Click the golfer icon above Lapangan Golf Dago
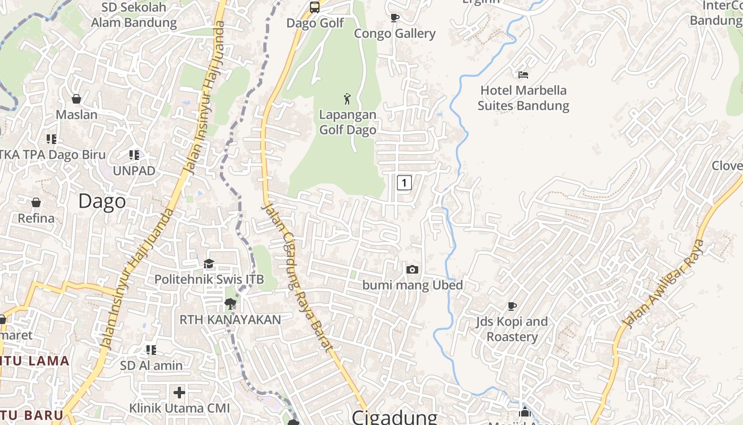[x=347, y=99]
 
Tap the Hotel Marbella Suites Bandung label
[x=523, y=98]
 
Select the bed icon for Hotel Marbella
[x=523, y=75]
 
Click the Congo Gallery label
[x=395, y=33]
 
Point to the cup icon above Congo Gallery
[x=395, y=18]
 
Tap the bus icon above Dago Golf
[x=315, y=7]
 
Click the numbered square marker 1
[x=404, y=183]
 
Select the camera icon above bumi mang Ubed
[x=412, y=270]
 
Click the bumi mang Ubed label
[x=412, y=285]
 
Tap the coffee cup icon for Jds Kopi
[x=512, y=306]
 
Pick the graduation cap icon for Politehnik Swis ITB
[x=209, y=264]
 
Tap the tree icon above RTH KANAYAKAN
[x=230, y=304]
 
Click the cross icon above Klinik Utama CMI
[x=179, y=393]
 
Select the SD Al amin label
[x=151, y=365]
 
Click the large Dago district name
[x=102, y=201]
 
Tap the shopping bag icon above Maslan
[x=76, y=99]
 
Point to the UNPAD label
[x=134, y=171]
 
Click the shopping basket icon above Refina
[x=36, y=202]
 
